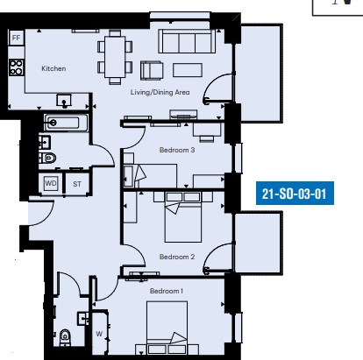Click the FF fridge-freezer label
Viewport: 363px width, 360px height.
click(x=17, y=38)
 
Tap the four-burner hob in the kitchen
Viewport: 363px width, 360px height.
click(x=16, y=67)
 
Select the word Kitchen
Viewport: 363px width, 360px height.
click(x=53, y=68)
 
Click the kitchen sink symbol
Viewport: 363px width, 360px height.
click(x=64, y=100)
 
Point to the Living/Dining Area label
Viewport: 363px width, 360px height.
click(x=160, y=92)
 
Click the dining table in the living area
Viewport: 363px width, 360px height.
click(x=115, y=57)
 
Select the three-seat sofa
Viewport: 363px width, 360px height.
click(x=187, y=41)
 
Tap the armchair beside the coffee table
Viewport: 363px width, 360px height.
click(x=152, y=70)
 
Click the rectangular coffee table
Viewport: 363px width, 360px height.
click(x=188, y=70)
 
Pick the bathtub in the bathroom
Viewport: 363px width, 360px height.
click(x=66, y=123)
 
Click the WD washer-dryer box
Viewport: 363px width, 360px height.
click(x=51, y=183)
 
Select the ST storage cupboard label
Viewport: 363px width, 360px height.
click(x=77, y=184)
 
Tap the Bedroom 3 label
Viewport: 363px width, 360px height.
click(x=177, y=150)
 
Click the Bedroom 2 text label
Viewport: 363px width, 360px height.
click(x=177, y=257)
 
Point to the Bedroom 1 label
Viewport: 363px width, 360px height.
click(x=167, y=291)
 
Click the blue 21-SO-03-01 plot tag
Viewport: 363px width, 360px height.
click(x=295, y=194)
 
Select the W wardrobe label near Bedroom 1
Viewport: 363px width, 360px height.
click(x=99, y=334)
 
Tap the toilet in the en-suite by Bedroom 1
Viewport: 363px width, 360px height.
click(x=65, y=337)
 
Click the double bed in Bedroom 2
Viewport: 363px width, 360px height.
click(x=183, y=217)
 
